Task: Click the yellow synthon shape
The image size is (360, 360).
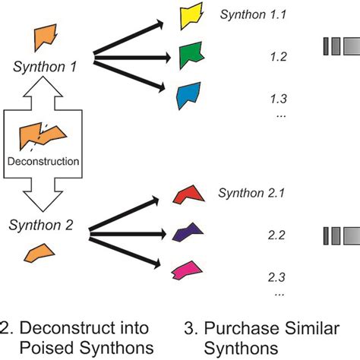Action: click(189, 17)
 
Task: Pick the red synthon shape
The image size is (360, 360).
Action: click(190, 194)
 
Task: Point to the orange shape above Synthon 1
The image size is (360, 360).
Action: click(46, 36)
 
